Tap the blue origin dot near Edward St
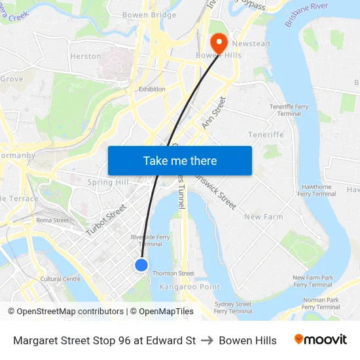pyautogui.click(x=141, y=264)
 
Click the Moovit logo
pyautogui.click(x=321, y=340)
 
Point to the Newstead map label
pyautogui.click(x=251, y=43)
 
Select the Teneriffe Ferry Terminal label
pyautogui.click(x=289, y=110)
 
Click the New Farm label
pyautogui.click(x=263, y=217)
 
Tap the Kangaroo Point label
pyautogui.click(x=190, y=287)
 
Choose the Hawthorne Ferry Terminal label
pyautogui.click(x=316, y=190)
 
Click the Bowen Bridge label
pyautogui.click(x=149, y=15)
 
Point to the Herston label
pyautogui.click(x=86, y=56)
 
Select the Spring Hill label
pyautogui.click(x=108, y=182)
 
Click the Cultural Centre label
pyautogui.click(x=60, y=279)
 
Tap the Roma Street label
pyautogui.click(x=52, y=220)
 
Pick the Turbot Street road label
pyautogui.click(x=106, y=219)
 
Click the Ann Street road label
pyautogui.click(x=214, y=112)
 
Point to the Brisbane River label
pyautogui.click(x=306, y=14)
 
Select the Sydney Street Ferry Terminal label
pyautogui.click(x=232, y=307)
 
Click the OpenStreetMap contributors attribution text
pyautogui.click(x=69, y=312)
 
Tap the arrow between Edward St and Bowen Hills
pyautogui.click(x=207, y=340)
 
